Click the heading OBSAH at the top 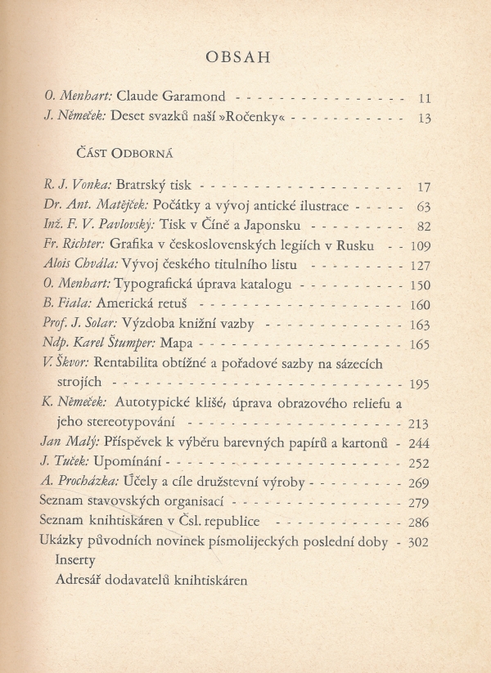pos(245,58)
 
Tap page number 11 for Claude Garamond pos(424,99)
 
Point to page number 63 pos(423,206)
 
